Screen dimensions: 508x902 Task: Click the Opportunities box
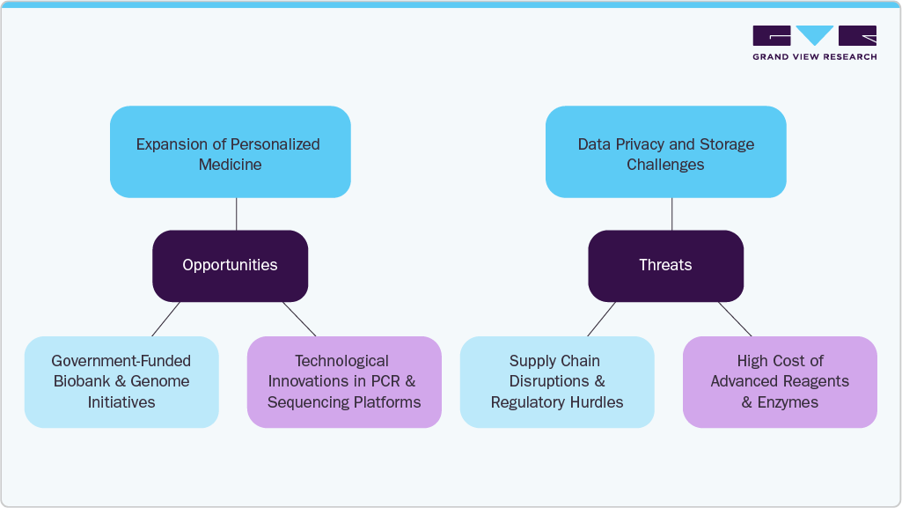230,265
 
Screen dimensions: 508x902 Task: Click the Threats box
665,265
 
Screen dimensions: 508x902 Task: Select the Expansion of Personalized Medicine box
230,152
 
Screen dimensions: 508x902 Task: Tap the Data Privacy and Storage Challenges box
665,152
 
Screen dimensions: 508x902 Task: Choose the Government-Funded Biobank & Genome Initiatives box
121,382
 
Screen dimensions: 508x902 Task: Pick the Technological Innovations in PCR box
344,382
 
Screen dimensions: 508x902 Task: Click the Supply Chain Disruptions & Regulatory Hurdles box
557,382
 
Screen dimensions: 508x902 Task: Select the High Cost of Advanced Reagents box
780,382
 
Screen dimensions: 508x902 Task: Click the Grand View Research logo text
814,57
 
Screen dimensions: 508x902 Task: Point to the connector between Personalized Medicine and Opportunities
237,214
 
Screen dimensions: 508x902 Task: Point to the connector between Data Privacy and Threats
672,214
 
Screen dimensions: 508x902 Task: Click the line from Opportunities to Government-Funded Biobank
166,319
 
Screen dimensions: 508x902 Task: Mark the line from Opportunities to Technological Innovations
299,319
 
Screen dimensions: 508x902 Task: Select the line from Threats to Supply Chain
602,319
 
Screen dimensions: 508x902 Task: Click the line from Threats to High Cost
735,319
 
